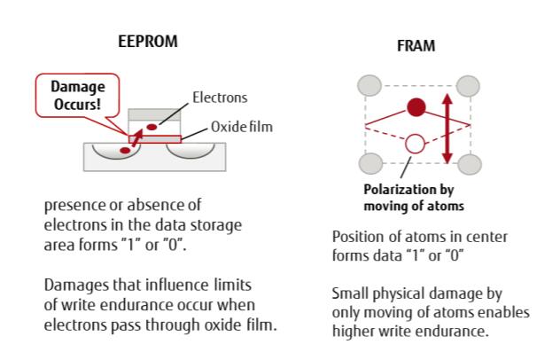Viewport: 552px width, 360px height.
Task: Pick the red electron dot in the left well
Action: (125, 152)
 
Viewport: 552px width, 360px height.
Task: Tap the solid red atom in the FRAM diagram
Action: (414, 108)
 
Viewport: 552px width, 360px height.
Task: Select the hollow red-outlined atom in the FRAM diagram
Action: (413, 142)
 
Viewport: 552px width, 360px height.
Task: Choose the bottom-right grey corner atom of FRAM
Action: (470, 164)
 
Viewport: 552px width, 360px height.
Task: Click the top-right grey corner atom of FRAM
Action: (470, 86)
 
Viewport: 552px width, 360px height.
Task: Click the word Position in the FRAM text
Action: (357, 239)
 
